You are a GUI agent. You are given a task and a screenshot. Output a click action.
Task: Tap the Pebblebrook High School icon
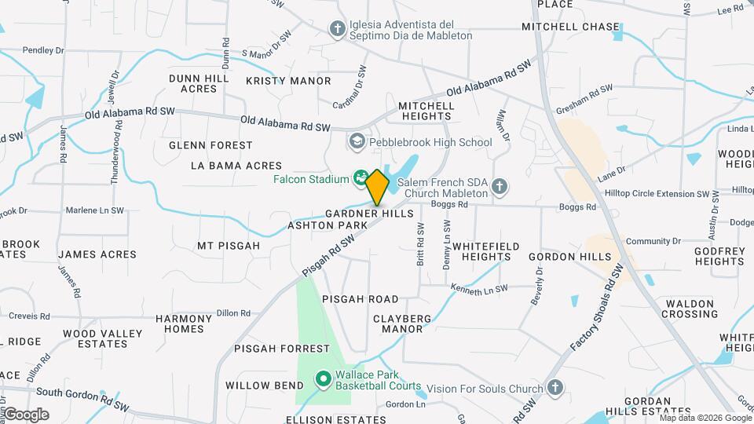click(x=357, y=142)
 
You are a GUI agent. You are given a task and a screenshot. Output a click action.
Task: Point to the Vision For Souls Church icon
click(x=555, y=388)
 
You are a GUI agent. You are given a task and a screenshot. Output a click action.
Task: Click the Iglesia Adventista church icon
click(x=338, y=29)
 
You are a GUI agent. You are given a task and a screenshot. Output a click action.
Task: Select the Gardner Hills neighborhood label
click(x=369, y=214)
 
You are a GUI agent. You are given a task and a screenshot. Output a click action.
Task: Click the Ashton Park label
click(x=328, y=225)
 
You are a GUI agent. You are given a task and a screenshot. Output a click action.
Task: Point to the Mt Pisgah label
click(x=229, y=246)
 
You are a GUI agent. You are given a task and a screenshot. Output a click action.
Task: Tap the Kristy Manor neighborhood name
click(x=288, y=81)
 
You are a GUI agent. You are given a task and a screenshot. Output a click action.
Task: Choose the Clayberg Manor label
click(x=402, y=323)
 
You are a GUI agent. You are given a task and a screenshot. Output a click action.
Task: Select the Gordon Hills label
click(x=569, y=257)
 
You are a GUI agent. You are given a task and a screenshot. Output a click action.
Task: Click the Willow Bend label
click(x=265, y=386)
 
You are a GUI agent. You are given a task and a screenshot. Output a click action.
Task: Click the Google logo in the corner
click(x=27, y=414)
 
